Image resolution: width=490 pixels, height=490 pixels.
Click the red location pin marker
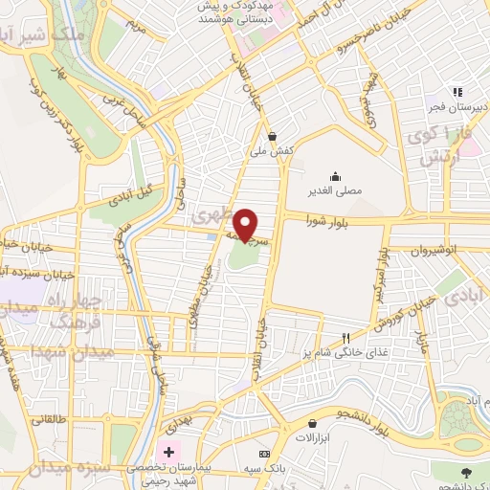point(245,224)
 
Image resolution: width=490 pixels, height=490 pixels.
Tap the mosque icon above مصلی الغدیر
point(336,176)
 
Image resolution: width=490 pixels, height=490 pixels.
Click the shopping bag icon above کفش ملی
point(274,135)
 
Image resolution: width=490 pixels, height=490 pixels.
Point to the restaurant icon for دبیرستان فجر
point(457,92)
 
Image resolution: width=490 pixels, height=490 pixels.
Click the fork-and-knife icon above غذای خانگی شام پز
point(346,338)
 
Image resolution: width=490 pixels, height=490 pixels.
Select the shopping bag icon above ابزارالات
point(312,422)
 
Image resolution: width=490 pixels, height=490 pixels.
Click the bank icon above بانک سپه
point(265,453)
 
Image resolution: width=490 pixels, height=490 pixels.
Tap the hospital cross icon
point(169,451)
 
